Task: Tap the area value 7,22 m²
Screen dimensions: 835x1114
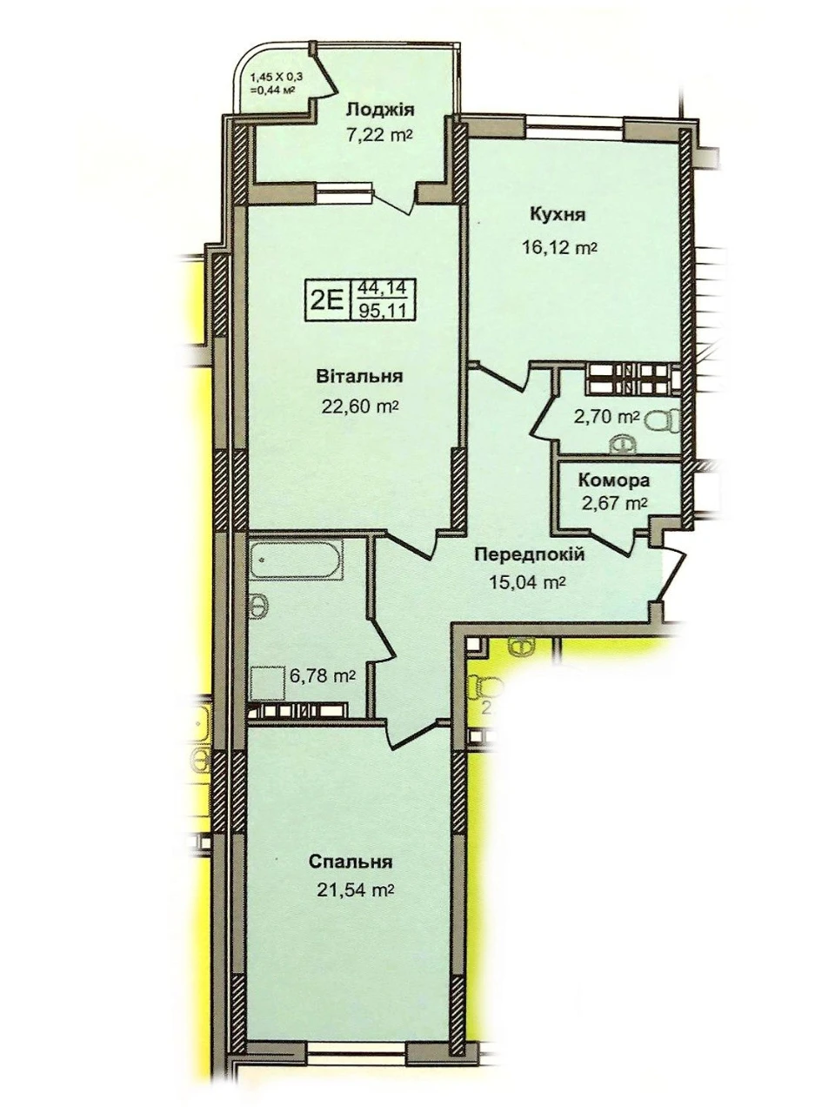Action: pyautogui.click(x=377, y=136)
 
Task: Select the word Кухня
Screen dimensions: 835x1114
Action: pyautogui.click(x=558, y=215)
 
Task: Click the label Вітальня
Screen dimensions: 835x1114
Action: pyautogui.click(x=359, y=377)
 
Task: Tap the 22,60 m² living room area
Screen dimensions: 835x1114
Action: pyautogui.click(x=358, y=406)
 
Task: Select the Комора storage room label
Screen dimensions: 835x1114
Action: pyautogui.click(x=614, y=480)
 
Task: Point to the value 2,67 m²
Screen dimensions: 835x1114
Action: pyautogui.click(x=613, y=503)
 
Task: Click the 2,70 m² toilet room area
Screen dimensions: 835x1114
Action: pyautogui.click(x=606, y=418)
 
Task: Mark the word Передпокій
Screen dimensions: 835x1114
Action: pyautogui.click(x=530, y=554)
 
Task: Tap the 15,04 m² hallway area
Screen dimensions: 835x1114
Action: pyautogui.click(x=527, y=581)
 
